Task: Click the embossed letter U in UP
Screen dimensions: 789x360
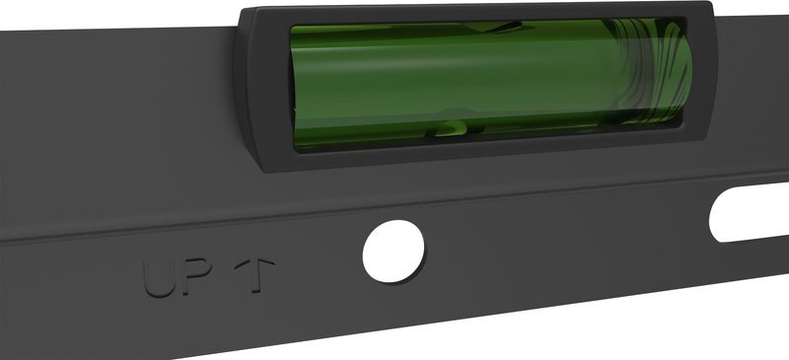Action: (160, 278)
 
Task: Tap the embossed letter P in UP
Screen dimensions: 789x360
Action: (196, 275)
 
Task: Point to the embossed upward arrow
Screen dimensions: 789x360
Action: (254, 275)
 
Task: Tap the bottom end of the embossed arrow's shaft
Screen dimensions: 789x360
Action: (255, 292)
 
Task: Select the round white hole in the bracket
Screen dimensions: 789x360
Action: (394, 251)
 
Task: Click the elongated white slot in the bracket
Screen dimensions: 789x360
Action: (749, 212)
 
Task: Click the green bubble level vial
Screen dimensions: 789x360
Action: (490, 85)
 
